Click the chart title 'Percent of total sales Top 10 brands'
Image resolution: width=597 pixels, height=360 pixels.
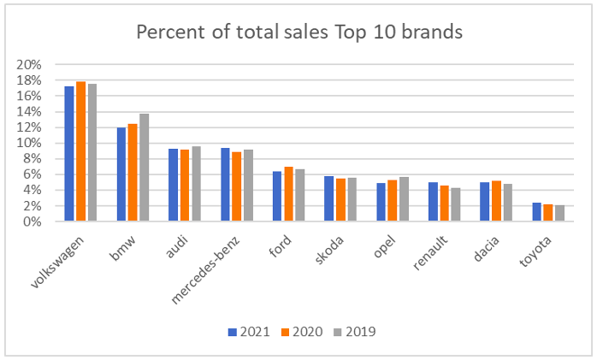(299, 33)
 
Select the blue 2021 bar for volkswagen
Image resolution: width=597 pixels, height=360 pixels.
(69, 154)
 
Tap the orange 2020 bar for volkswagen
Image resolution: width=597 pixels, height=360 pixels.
(80, 151)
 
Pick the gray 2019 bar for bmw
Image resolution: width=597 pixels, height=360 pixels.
(144, 168)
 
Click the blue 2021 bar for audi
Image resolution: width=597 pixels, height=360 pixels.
(174, 185)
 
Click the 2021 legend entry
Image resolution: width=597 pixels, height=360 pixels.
(249, 331)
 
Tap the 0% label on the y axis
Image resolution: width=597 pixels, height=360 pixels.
(33, 221)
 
